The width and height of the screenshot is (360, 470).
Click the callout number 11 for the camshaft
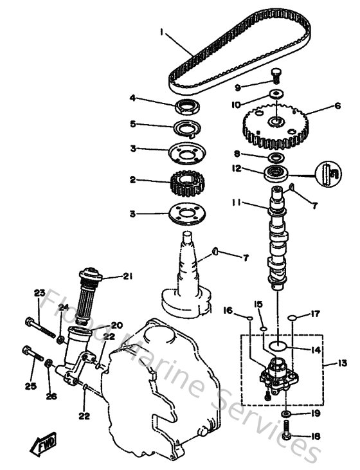click(x=236, y=203)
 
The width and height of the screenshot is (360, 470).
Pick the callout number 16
click(x=227, y=310)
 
